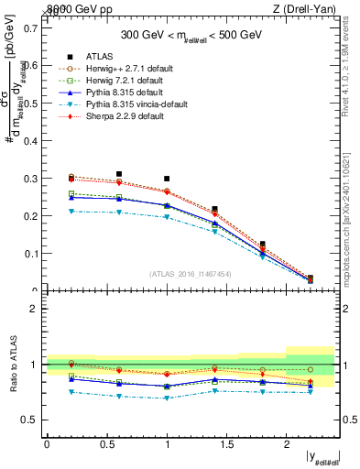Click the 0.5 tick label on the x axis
106,444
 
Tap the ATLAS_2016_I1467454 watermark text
191,274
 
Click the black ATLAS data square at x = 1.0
167,179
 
